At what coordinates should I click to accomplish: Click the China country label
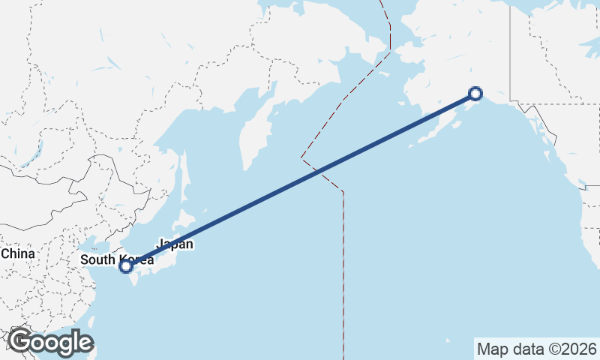pyautogui.click(x=18, y=253)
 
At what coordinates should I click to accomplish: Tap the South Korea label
pyautogui.click(x=117, y=259)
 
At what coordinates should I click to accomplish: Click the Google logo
pyautogui.click(x=50, y=342)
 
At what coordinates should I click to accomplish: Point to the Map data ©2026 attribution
pyautogui.click(x=536, y=349)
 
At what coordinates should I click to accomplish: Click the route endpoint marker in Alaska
pyautogui.click(x=475, y=93)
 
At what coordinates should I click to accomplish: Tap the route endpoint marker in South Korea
pyautogui.click(x=126, y=265)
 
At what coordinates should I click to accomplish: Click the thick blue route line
pyautogui.click(x=300, y=180)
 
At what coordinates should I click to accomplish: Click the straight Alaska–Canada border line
pyautogui.click(x=510, y=52)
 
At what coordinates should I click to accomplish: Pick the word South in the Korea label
pyautogui.click(x=98, y=260)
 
